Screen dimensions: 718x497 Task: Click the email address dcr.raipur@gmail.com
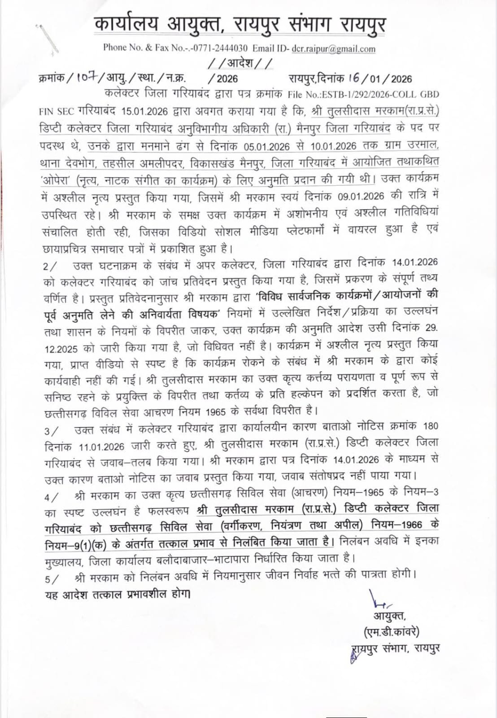333,48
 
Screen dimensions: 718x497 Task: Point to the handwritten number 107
85,77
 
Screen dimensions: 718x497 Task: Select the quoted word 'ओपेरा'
57,180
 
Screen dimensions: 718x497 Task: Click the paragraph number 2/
50,266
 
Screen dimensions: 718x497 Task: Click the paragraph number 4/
50,497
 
